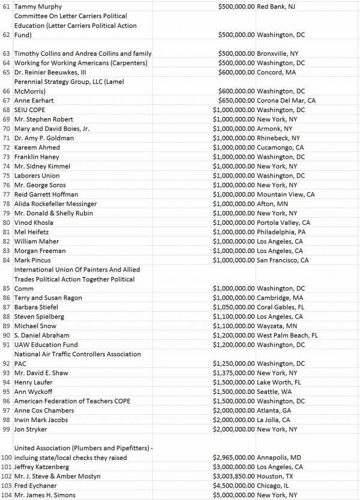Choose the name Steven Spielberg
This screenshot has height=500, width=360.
click(39, 317)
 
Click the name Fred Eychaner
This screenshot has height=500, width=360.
click(36, 486)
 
